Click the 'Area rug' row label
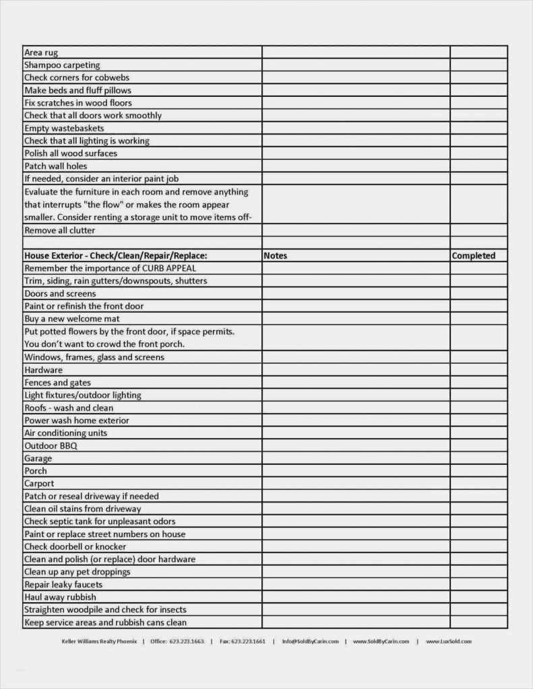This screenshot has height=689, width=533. click(x=41, y=52)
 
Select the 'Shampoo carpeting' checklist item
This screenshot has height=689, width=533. click(x=62, y=65)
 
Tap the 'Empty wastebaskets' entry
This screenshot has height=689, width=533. click(x=64, y=129)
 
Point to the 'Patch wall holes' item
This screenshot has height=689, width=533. click(x=56, y=166)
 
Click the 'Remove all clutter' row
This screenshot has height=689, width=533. click(x=60, y=230)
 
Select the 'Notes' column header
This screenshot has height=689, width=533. click(x=276, y=256)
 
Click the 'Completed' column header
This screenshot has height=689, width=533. click(x=473, y=256)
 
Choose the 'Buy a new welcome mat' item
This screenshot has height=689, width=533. click(x=72, y=319)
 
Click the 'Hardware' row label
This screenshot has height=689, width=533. click(x=43, y=370)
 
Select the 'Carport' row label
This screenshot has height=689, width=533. click(x=39, y=484)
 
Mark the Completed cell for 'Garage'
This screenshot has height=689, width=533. click(x=478, y=459)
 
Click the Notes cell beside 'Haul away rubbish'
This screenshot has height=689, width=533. click(x=356, y=597)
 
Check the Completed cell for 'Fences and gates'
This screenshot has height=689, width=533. click(x=478, y=383)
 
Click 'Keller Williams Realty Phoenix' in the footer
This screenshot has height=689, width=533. click(x=98, y=641)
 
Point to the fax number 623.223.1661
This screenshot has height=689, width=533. click(x=248, y=641)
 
